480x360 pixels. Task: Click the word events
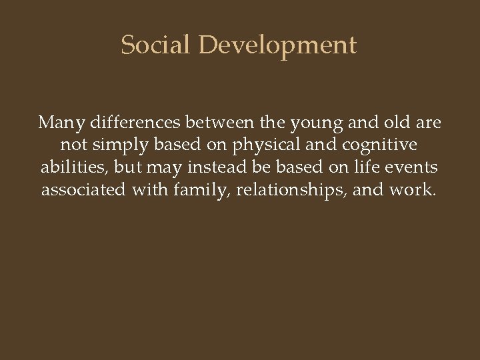pyautogui.click(x=418, y=168)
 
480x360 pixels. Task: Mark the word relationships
pyautogui.click(x=291, y=191)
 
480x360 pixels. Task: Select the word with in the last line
pyautogui.click(x=150, y=191)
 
